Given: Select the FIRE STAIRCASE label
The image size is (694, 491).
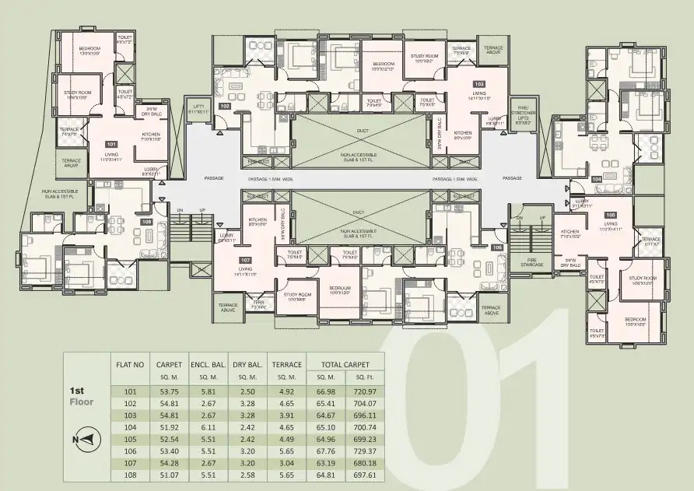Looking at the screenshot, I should click(x=532, y=261).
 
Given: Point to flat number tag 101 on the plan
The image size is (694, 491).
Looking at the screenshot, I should click(x=111, y=144).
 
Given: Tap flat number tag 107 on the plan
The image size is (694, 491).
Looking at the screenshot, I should click(x=245, y=259).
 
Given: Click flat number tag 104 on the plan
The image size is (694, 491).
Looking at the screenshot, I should click(x=597, y=179).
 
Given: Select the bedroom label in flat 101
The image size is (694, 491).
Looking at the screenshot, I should click(x=90, y=51).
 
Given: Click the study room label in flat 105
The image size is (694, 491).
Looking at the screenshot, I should click(x=643, y=280).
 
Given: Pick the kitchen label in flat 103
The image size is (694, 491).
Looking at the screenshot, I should click(x=464, y=135).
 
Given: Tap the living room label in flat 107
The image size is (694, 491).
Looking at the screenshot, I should click(x=246, y=272).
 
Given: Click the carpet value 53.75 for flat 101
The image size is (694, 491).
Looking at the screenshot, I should click(x=169, y=391).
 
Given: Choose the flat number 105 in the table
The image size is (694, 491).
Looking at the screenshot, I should click(x=130, y=439).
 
